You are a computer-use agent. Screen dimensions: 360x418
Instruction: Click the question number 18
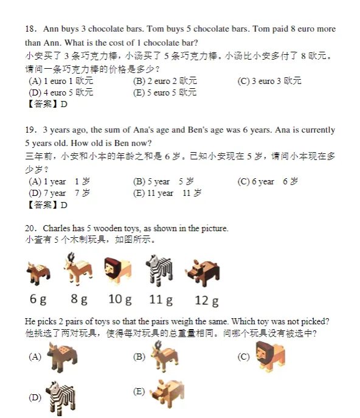31,29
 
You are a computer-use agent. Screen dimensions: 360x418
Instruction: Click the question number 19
31,130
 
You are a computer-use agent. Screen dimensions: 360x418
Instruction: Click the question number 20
31,229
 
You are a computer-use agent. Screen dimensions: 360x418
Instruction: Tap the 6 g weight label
38,299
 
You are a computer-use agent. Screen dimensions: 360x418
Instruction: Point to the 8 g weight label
79,299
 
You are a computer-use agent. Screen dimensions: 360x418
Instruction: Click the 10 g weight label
120,299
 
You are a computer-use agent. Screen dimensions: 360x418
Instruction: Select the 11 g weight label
161,299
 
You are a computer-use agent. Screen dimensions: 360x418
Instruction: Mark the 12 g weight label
206,300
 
